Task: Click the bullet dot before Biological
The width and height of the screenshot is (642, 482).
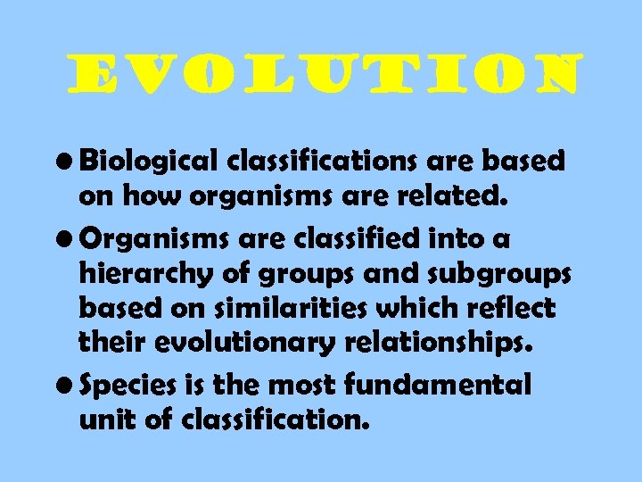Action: tap(66, 162)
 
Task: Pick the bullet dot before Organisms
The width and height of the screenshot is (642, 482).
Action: tap(66, 238)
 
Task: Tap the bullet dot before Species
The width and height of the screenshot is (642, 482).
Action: tap(66, 386)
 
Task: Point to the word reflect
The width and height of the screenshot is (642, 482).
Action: tap(511, 309)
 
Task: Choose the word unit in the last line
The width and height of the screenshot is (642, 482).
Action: tap(105, 420)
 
